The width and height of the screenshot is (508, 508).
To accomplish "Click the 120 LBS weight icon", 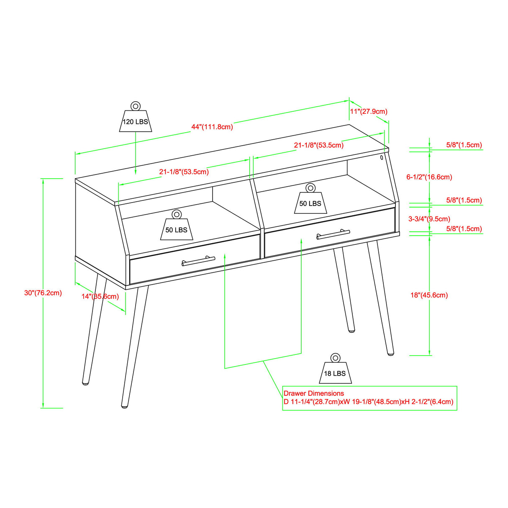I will [135, 119].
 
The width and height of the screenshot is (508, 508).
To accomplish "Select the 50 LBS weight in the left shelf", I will [176, 228].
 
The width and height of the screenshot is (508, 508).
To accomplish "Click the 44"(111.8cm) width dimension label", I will [212, 127].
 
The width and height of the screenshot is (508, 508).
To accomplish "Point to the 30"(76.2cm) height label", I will [43, 293].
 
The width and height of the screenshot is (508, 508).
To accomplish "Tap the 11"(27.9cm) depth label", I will [368, 111].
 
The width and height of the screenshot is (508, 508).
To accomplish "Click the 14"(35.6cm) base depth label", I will [100, 297].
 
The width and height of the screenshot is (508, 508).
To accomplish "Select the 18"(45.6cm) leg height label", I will [429, 295].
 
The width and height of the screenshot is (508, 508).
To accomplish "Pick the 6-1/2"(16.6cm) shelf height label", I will [429, 177].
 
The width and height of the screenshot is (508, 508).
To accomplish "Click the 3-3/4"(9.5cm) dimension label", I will [429, 219].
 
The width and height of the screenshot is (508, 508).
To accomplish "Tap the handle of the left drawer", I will [198, 261].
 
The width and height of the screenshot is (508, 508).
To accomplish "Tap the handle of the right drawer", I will [333, 234].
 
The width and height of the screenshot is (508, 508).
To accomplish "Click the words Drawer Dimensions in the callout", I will [314, 393].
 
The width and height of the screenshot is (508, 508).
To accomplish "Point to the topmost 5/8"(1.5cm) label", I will [464, 145].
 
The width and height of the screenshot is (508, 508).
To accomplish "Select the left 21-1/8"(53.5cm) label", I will [184, 172].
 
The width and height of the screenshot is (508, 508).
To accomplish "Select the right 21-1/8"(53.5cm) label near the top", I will [318, 145].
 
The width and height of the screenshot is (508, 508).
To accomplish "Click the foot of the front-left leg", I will [125, 405].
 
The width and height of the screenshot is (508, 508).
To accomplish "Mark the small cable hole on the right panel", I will [382, 158].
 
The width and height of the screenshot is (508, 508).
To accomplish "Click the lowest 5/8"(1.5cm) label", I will [464, 229].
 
